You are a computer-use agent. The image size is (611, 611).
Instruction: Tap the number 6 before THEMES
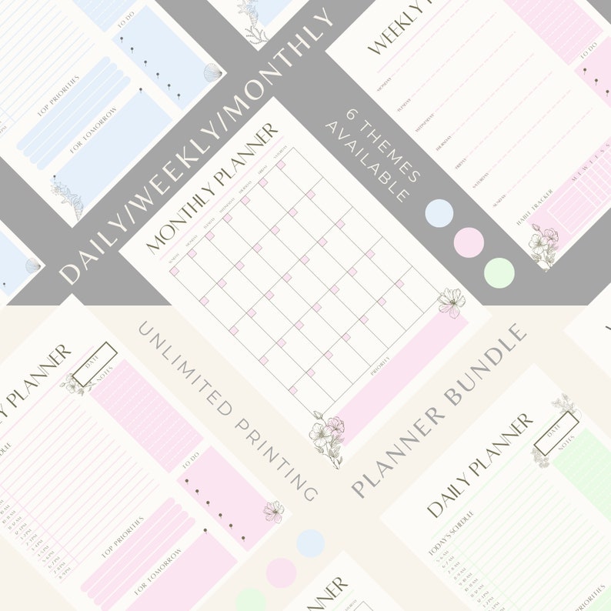356,114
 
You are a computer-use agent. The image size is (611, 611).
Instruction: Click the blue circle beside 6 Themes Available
439,213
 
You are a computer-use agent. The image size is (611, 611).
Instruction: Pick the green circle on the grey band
499,273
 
